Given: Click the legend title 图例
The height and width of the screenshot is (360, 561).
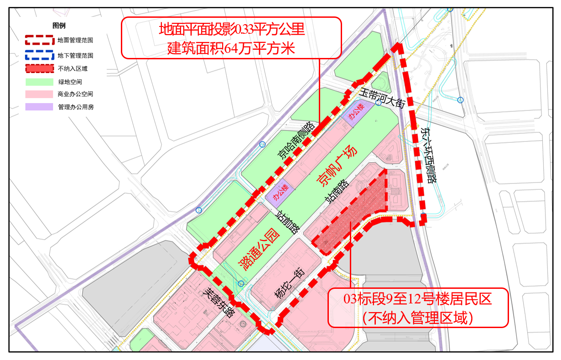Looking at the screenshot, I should (x=59, y=26).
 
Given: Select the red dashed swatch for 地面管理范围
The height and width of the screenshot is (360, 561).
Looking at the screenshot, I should (x=40, y=40).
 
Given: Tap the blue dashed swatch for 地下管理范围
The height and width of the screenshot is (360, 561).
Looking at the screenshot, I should (x=40, y=55).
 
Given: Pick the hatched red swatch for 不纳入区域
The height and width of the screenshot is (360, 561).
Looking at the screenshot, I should (x=40, y=69).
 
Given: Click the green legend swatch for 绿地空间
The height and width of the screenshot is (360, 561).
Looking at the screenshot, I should (x=40, y=82).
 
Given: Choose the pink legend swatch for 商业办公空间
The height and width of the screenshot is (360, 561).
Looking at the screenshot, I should (x=40, y=94).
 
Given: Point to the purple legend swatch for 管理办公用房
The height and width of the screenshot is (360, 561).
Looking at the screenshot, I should (x=40, y=107).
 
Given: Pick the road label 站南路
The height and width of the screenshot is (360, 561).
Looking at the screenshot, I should (x=336, y=191).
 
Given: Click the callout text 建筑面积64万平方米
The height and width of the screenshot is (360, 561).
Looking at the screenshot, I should (x=231, y=48).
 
